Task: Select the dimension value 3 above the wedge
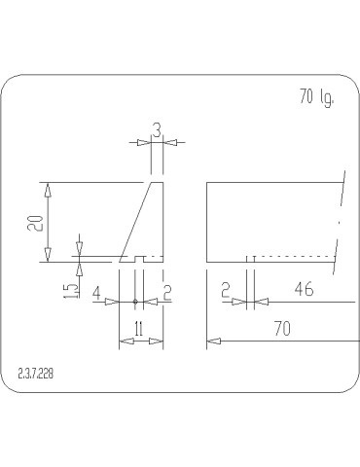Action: pos(156,128)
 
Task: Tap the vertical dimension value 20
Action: pos(33,222)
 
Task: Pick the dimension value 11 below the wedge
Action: pos(138,331)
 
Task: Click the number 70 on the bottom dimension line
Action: pos(282,330)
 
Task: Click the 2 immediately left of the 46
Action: pos(225,291)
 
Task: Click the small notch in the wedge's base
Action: pos(139,260)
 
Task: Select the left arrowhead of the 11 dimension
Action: pos(124,341)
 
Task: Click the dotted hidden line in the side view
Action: pos(292,257)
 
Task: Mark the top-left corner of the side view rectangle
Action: pos(207,183)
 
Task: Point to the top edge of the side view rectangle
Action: pos(272,183)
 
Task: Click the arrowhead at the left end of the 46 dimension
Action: pos(260,302)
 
